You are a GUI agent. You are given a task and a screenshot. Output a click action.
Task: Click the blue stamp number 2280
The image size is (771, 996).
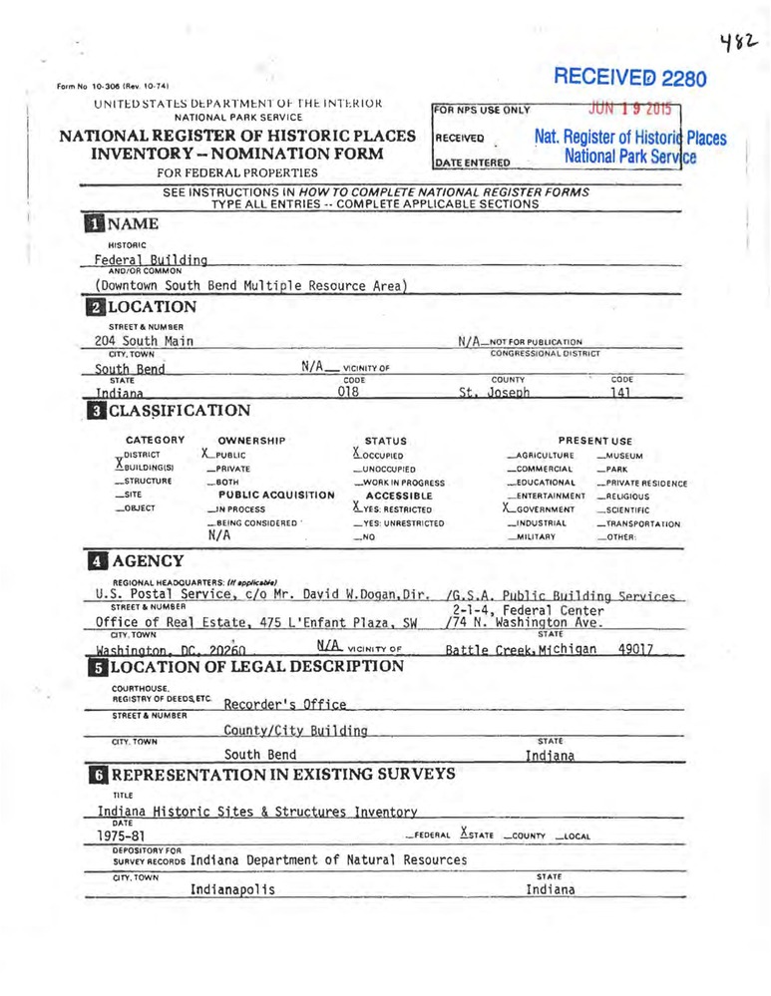682,79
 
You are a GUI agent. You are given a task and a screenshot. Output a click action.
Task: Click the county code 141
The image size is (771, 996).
621,394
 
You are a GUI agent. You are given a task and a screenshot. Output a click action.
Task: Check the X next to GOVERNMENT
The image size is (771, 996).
509,508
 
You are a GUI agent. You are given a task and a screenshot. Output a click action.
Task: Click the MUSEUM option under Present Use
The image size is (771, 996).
624,456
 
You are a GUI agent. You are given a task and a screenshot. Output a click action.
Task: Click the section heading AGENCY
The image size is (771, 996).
147,560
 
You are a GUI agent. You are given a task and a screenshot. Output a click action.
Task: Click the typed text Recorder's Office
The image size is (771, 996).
285,704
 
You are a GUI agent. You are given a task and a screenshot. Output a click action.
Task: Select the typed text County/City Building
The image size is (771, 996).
295,731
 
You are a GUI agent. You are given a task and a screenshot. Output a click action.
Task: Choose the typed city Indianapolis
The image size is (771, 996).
233,888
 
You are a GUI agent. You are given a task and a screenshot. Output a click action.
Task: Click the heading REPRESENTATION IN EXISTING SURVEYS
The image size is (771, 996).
283,774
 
